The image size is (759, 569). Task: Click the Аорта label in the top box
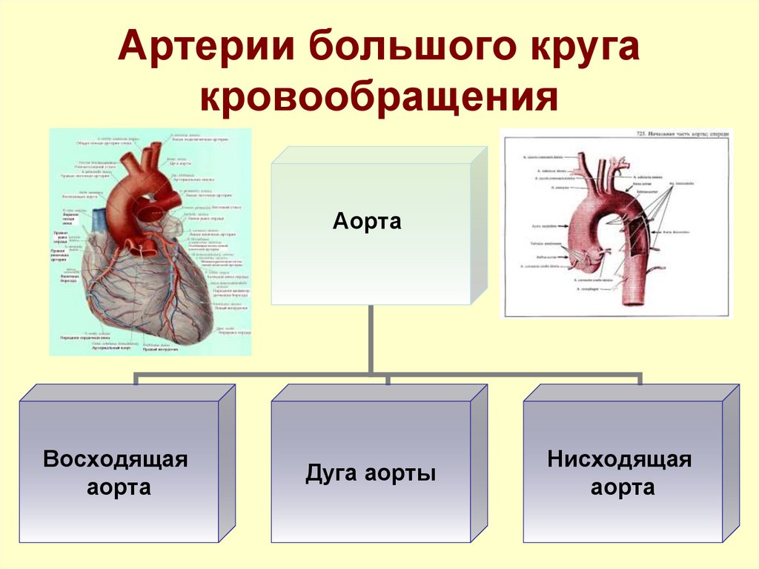(367, 221)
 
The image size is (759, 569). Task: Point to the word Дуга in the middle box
(329, 474)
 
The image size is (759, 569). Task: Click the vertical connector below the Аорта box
(370, 338)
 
